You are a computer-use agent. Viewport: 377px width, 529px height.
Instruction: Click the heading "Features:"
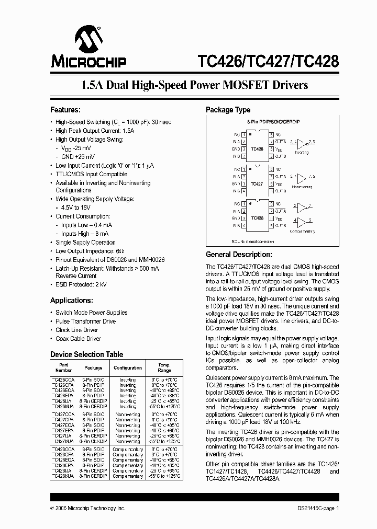point(65,110)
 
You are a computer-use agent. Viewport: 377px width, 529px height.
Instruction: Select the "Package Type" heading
point(228,110)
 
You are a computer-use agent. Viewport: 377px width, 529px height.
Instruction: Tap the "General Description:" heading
point(239,255)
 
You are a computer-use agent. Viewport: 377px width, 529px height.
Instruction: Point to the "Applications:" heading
point(72,301)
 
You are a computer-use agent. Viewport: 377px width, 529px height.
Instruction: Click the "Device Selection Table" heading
point(87,354)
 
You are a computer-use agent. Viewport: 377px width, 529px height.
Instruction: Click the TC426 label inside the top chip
point(257,149)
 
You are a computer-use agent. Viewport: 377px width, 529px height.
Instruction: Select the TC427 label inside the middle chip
point(257,184)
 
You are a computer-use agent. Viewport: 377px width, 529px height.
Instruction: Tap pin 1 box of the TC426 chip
point(244,134)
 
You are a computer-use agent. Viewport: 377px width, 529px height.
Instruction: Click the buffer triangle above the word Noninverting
point(302,178)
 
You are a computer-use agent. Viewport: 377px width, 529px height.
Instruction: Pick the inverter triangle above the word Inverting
point(302,143)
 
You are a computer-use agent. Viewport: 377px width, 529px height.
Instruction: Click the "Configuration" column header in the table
point(127,367)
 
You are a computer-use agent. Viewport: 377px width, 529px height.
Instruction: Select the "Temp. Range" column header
point(164,367)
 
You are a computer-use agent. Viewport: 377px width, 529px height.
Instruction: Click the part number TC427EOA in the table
point(62,425)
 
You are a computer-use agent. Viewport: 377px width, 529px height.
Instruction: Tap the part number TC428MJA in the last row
point(62,476)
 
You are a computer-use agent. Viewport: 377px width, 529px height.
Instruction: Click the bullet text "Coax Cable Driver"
point(79,339)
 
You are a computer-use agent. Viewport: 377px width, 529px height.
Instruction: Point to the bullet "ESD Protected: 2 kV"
point(81,284)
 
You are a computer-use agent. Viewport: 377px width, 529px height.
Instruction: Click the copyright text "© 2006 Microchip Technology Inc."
point(87,508)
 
